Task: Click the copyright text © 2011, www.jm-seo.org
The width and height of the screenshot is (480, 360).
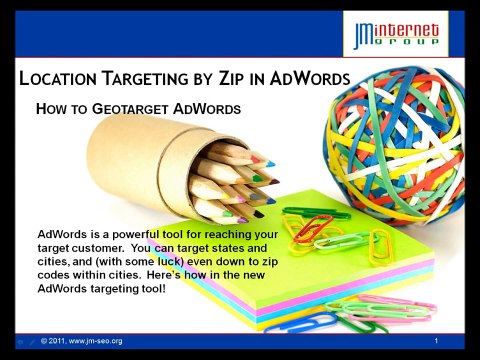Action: point(81,342)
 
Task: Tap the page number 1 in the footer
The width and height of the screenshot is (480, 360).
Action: point(437,342)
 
